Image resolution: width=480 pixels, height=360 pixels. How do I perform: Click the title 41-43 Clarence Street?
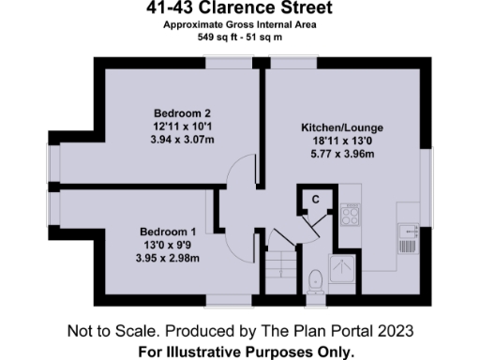tap(239, 9)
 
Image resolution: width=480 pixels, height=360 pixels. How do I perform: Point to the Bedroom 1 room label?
tap(168, 232)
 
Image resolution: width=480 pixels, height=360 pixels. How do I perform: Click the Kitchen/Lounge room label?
tap(342, 127)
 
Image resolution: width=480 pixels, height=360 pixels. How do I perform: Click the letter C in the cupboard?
tap(316, 199)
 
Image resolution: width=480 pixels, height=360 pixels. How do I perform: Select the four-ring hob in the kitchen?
tap(351, 217)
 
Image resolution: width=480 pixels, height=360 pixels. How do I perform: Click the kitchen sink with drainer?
tap(409, 232)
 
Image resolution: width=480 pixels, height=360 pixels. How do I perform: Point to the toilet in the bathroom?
tap(317, 277)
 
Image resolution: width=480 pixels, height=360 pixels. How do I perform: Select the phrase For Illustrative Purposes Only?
tap(247, 352)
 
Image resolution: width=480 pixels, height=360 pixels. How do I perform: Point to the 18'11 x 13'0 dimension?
tap(342, 141)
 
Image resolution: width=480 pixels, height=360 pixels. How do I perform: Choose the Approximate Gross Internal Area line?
tap(239, 25)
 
